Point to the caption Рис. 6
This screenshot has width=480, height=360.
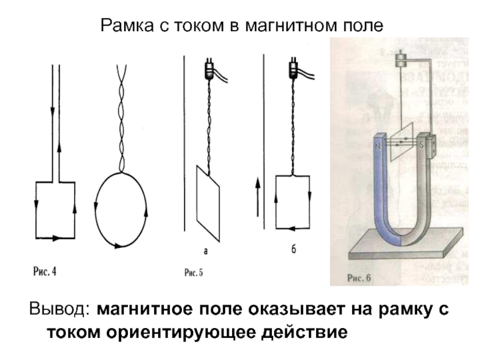point(360,278)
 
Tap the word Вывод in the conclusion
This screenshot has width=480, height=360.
point(56,310)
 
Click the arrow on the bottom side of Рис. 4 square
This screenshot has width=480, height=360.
point(56,238)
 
